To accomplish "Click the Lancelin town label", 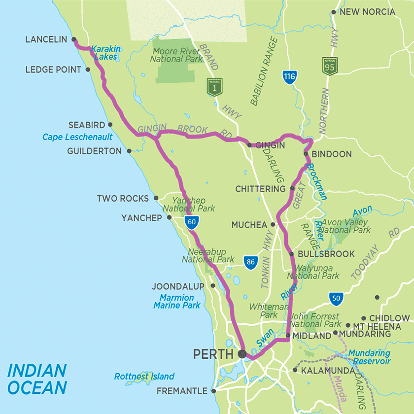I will pyautogui.click(x=46, y=39).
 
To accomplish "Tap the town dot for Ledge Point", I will pyautogui.click(x=88, y=69).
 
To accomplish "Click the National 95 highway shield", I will pyautogui.click(x=330, y=66).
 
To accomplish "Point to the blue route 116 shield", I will pyautogui.click(x=289, y=76).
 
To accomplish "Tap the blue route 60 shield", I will pyautogui.click(x=192, y=223).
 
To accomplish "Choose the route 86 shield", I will pyautogui.click(x=250, y=262).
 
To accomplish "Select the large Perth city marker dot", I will pyautogui.click(x=242, y=353).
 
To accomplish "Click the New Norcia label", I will pyautogui.click(x=368, y=12).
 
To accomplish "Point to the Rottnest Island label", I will pyautogui.click(x=144, y=377).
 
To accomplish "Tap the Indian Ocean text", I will pyautogui.click(x=37, y=379).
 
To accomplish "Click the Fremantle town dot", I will pyautogui.click(x=213, y=391).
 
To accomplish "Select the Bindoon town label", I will pyautogui.click(x=332, y=154).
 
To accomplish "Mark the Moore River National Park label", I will pyautogui.click(x=176, y=55).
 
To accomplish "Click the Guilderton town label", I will pyautogui.click(x=94, y=151).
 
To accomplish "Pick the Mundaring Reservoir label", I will pyautogui.click(x=369, y=357).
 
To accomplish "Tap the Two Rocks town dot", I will pyautogui.click(x=156, y=198).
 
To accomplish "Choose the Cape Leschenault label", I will pyautogui.click(x=77, y=138).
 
